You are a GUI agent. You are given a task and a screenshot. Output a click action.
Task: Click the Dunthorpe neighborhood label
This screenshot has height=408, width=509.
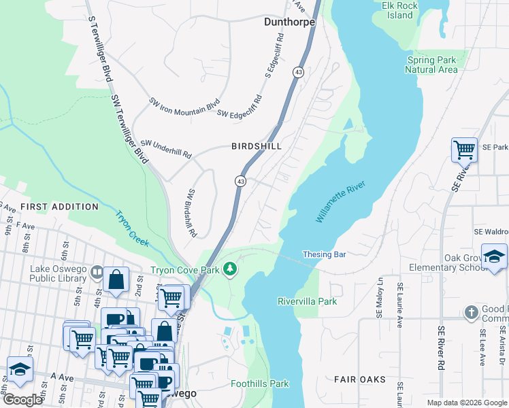click(289, 22)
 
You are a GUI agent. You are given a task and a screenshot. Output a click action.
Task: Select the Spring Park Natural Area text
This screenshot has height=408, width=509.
click(432, 65)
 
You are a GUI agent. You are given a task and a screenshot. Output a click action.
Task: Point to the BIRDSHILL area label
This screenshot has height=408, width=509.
click(256, 146)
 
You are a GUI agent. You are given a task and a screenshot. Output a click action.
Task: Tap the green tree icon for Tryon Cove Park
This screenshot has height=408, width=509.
click(231, 270)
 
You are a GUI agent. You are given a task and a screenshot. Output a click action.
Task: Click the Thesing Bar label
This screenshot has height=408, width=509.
click(325, 254)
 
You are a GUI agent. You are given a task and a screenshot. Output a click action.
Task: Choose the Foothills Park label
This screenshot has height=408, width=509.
click(259, 384)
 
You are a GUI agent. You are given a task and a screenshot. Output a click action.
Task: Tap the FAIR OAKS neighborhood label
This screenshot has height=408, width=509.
click(360, 379)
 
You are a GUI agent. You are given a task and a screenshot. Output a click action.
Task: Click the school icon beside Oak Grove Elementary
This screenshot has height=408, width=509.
click(494, 256)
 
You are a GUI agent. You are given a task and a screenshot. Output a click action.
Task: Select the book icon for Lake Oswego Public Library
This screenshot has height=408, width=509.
click(97, 274)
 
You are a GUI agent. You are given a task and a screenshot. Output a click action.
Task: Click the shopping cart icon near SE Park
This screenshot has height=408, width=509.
click(464, 150)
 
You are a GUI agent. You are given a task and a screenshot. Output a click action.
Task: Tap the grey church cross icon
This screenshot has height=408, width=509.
click(470, 313)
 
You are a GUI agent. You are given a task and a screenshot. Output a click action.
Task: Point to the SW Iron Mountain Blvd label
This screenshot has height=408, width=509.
click(184, 105)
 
